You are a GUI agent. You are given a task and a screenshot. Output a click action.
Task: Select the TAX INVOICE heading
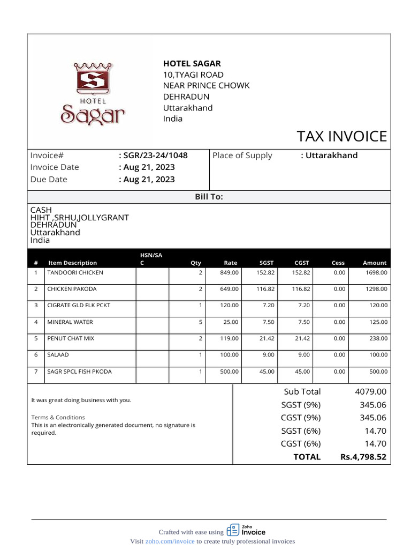(342, 136)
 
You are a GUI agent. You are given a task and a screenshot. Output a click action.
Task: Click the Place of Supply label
(242, 155)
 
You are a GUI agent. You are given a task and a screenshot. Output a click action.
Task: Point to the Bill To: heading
(209, 197)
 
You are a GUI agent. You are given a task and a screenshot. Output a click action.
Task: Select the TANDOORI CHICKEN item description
(75, 272)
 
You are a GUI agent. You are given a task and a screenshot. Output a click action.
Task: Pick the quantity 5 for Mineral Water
(200, 322)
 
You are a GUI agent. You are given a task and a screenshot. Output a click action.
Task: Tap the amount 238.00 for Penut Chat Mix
(376, 339)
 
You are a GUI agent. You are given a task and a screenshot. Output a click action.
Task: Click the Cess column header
(338, 263)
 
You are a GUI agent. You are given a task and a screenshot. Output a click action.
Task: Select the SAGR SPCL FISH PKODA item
(79, 372)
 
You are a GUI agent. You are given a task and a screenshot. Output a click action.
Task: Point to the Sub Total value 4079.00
(370, 392)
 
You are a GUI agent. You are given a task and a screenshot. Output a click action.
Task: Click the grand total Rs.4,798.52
(363, 457)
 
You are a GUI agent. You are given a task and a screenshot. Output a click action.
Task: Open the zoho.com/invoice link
(170, 541)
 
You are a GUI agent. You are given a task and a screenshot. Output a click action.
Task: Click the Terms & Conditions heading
(58, 417)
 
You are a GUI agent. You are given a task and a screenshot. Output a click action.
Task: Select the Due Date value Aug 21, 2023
(148, 180)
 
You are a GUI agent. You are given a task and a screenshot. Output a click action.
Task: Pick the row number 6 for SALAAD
(36, 355)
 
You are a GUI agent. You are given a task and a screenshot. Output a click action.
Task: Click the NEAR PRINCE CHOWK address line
(206, 86)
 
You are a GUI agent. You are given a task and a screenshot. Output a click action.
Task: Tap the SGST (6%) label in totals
(301, 431)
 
